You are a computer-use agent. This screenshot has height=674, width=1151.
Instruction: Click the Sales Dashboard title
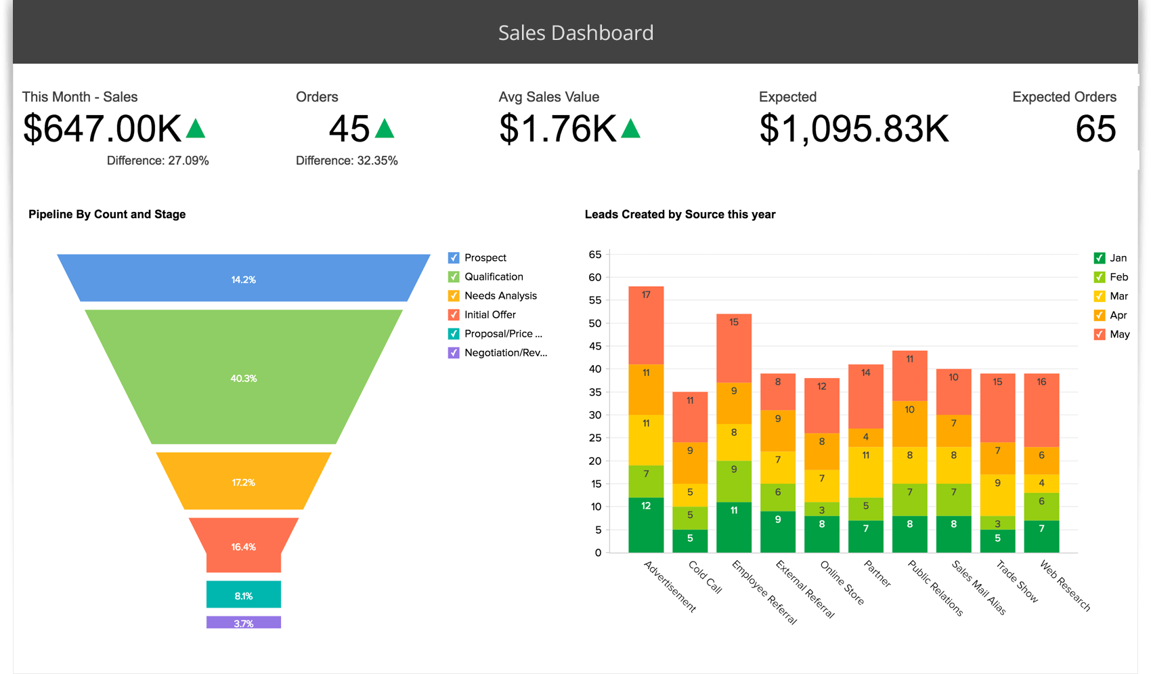575,33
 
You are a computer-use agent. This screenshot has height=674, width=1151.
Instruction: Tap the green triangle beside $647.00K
196,129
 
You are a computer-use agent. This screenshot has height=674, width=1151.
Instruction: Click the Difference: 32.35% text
347,161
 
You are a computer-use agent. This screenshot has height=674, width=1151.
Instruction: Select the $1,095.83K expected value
854,129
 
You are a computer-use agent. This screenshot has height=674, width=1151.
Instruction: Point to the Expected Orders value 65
1095,129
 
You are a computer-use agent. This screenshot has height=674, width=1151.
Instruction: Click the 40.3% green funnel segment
244,378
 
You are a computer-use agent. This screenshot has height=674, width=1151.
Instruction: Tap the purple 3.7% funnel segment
244,622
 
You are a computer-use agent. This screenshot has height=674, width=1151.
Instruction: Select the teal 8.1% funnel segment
244,595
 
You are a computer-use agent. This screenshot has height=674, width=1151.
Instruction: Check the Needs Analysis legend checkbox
454,295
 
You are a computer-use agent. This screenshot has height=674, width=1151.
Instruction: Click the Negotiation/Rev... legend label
505,352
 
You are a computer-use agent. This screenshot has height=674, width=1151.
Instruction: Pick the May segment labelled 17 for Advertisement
646,325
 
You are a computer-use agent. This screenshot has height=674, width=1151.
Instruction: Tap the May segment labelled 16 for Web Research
1041,410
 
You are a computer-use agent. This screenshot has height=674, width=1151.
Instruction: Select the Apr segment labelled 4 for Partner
865,437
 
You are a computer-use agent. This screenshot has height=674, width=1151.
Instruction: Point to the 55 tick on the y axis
595,300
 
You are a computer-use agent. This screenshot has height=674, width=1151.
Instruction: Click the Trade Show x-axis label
1018,581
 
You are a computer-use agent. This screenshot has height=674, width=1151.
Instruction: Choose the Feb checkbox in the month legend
1100,277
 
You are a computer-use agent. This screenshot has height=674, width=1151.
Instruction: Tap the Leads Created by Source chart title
680,214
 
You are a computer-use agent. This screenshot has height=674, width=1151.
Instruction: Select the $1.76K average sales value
558,129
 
